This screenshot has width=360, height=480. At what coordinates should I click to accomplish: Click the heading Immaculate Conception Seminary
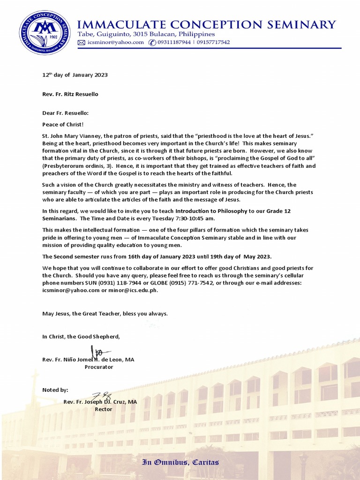tap(206, 25)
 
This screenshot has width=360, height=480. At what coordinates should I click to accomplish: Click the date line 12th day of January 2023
tap(75, 75)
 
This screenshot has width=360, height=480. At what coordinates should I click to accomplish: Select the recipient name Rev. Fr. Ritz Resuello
tap(70, 94)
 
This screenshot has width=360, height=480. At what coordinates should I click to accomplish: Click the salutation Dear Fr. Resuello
tap(65, 113)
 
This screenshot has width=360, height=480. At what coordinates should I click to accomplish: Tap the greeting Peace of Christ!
tap(63, 124)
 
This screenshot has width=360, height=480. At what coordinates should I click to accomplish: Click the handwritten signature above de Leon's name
tap(97, 350)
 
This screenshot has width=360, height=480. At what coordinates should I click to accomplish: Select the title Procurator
tap(98, 367)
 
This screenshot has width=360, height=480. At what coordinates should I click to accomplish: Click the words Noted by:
tap(55, 390)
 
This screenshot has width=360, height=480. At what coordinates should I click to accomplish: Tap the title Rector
tap(104, 409)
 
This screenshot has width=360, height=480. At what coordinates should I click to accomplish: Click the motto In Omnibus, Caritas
tap(180, 462)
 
